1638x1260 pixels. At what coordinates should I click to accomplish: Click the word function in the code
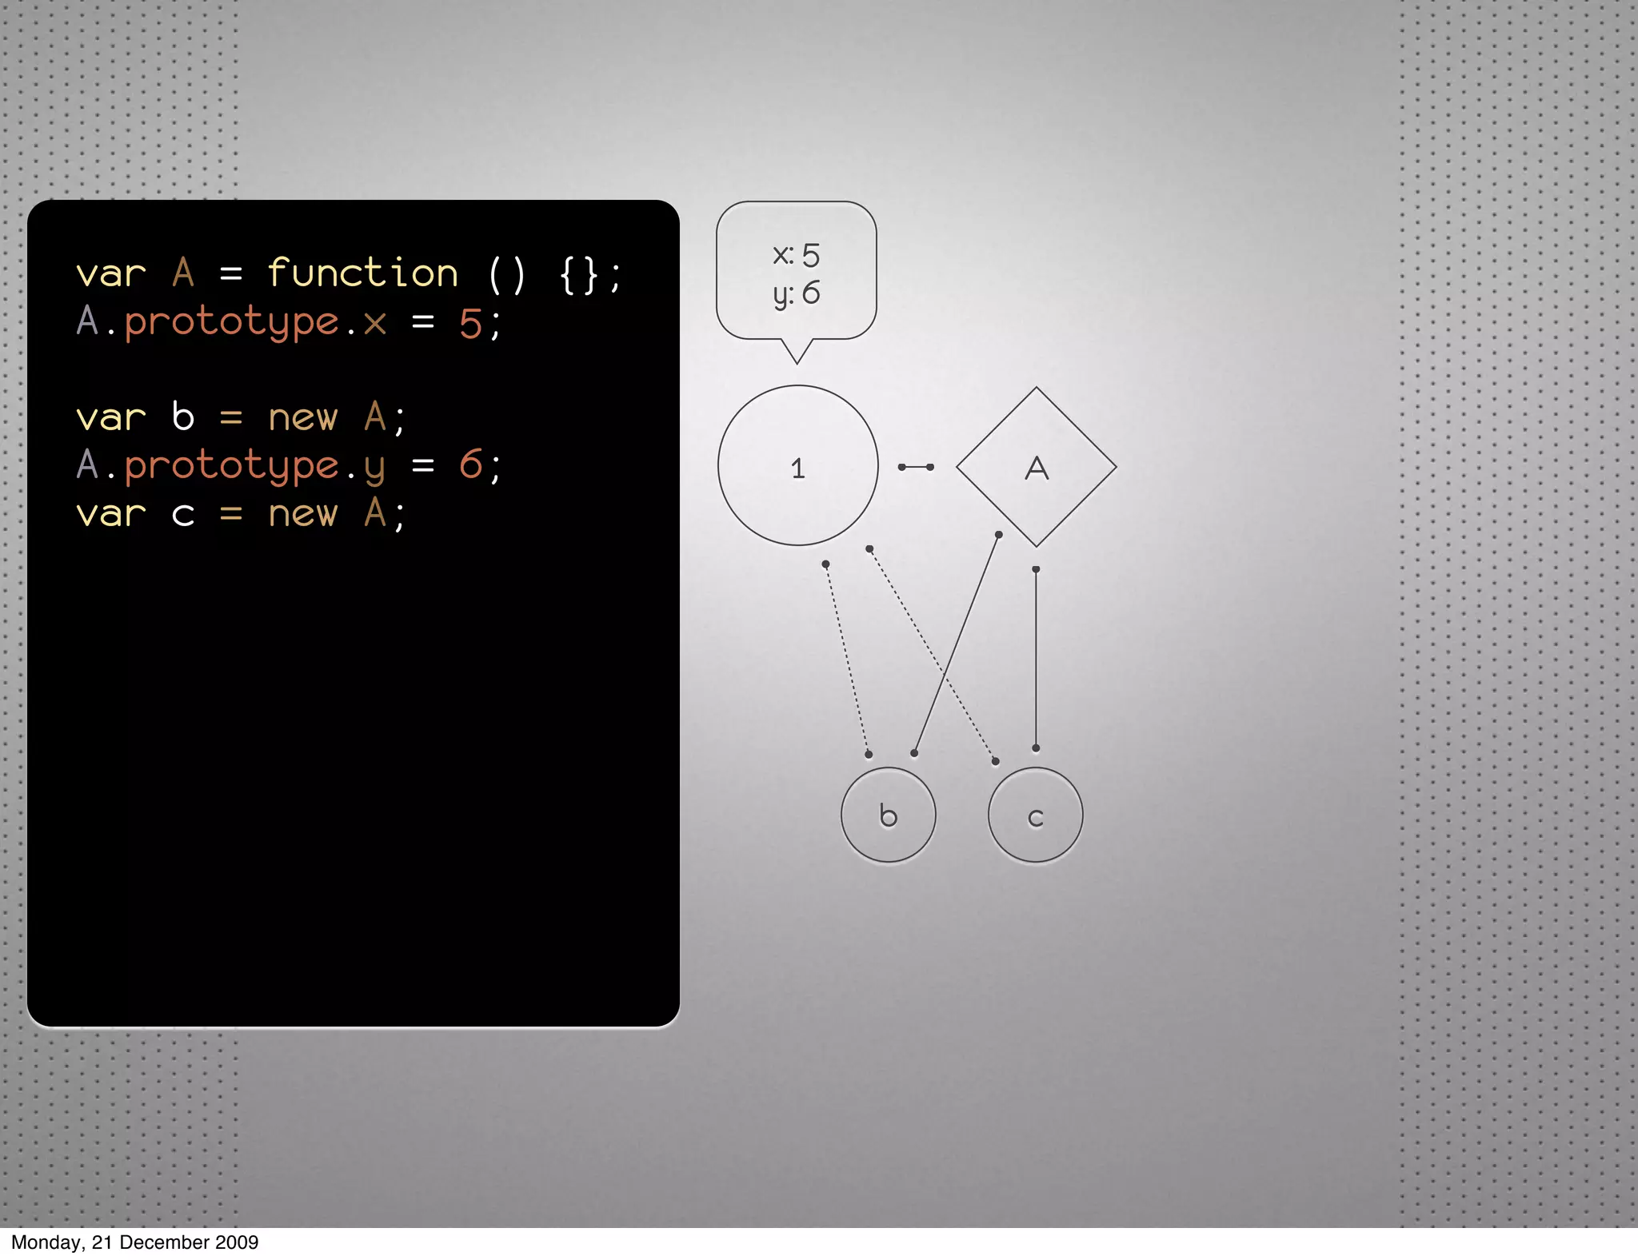(x=362, y=273)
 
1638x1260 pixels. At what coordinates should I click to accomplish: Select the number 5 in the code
(x=469, y=324)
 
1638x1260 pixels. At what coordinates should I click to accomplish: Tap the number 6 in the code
(x=470, y=465)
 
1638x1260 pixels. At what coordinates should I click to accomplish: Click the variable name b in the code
(x=183, y=417)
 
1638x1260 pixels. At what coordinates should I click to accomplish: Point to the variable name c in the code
(x=183, y=514)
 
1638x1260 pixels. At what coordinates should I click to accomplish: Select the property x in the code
(x=374, y=324)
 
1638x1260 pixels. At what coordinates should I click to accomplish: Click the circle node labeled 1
(x=797, y=466)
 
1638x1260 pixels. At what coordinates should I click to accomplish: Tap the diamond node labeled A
(x=1036, y=467)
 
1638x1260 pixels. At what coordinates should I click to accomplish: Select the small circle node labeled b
(x=888, y=815)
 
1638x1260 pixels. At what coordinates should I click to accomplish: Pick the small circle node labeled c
(x=1035, y=815)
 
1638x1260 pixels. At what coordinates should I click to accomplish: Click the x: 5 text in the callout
(x=796, y=255)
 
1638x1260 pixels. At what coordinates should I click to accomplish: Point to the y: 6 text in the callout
(x=796, y=293)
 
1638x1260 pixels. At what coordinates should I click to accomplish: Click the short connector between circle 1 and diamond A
(x=916, y=467)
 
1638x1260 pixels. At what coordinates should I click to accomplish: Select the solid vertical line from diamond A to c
(x=1036, y=659)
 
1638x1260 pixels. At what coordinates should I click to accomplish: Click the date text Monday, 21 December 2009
(x=134, y=1242)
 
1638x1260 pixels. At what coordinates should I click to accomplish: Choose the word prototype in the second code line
(x=231, y=323)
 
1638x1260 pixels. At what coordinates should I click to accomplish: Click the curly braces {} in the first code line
(x=578, y=274)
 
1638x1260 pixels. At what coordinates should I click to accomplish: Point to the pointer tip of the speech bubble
(x=797, y=361)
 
